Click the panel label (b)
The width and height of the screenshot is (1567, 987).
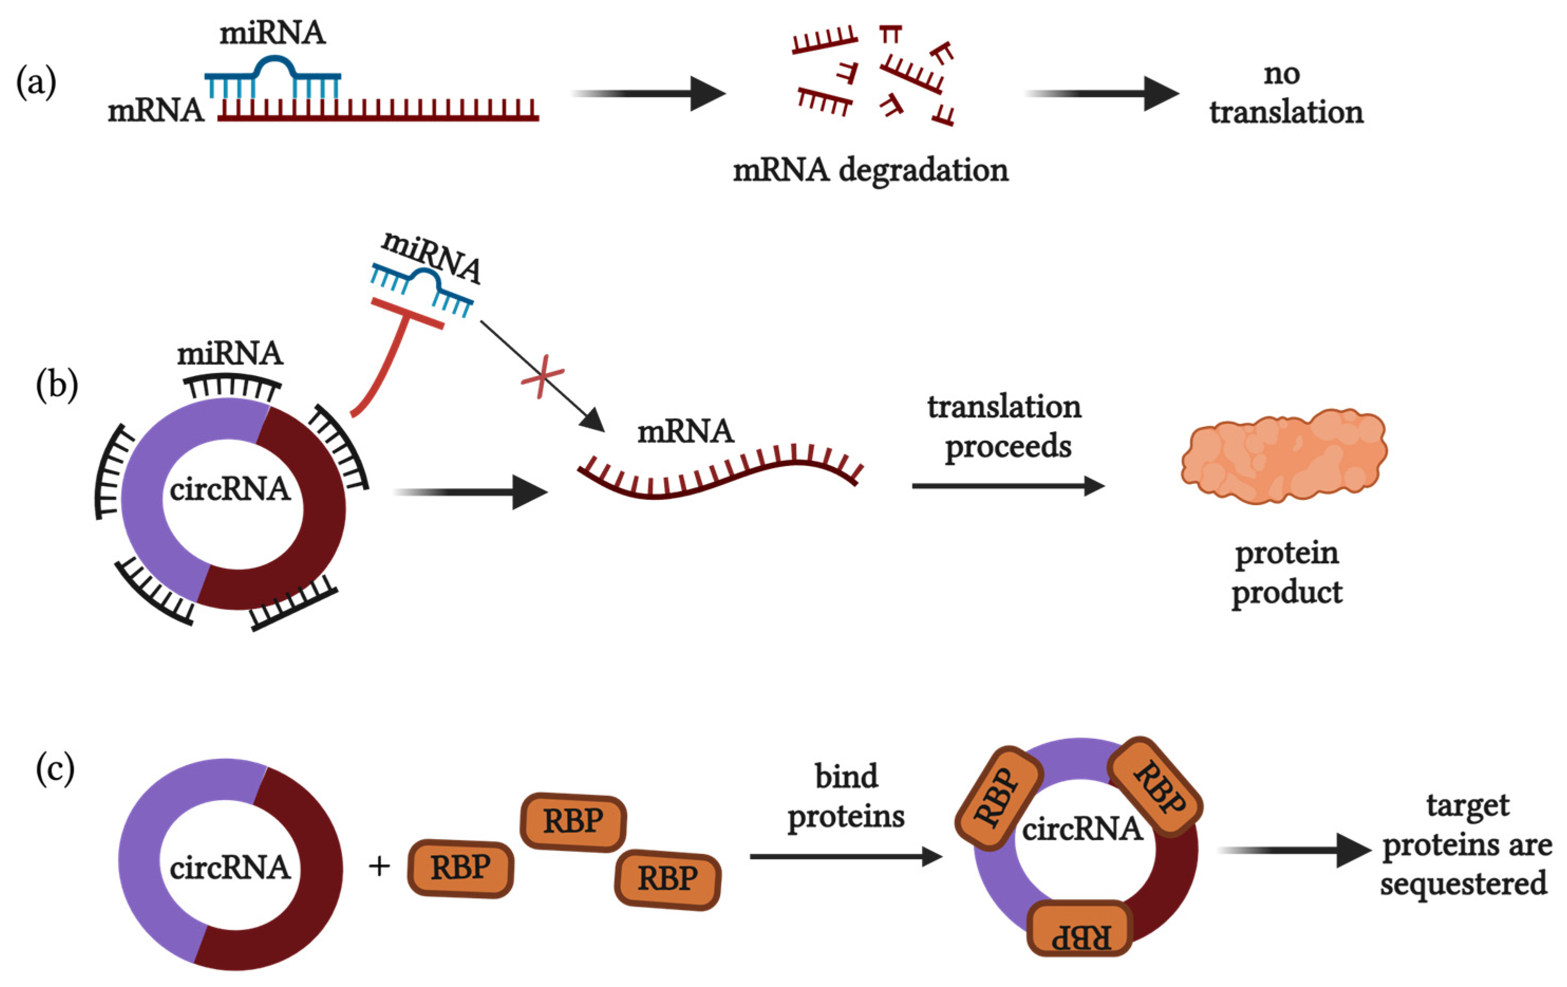[x=56, y=385]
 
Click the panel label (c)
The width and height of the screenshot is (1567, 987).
[x=55, y=769]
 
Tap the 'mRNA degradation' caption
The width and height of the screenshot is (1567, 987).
[x=870, y=171]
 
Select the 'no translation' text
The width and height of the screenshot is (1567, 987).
[x=1285, y=93]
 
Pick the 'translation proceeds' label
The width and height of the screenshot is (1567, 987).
[x=1005, y=426]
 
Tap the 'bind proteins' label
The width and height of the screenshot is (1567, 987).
[x=846, y=796]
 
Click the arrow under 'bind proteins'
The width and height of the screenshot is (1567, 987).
[x=845, y=856]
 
